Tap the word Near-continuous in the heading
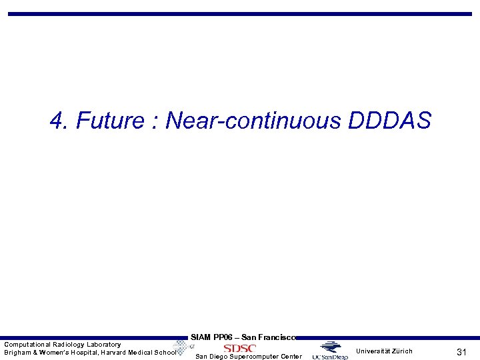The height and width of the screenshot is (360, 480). tap(253, 121)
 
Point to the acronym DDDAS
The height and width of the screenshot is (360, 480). tap(389, 121)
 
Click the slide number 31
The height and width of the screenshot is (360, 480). tap(461, 352)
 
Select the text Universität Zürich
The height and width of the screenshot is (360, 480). tap(384, 351)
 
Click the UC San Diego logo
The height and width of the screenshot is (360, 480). tap(330, 351)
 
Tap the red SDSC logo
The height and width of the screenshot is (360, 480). tap(240, 348)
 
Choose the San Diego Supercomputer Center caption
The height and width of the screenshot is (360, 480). tap(248, 357)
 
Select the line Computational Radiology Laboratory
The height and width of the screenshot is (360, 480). tap(63, 345)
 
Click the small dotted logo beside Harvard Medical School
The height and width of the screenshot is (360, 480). tap(181, 347)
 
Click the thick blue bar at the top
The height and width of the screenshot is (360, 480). tap(240, 13)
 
